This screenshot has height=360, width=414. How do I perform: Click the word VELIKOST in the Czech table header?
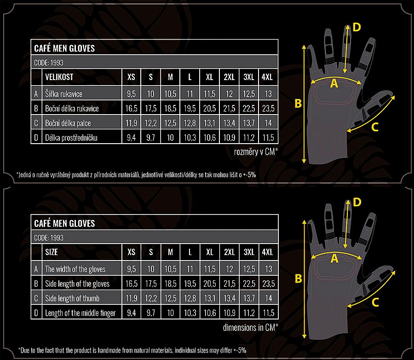tap(59, 77)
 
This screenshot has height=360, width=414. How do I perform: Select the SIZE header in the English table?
tap(52, 252)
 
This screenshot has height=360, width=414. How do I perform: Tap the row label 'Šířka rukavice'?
tap(63, 94)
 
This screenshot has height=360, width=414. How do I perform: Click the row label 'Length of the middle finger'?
tap(80, 313)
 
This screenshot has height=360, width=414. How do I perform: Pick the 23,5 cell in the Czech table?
tap(268, 108)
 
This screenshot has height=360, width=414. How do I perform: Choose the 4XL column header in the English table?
tap(267, 252)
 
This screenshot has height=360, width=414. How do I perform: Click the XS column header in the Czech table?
tap(131, 77)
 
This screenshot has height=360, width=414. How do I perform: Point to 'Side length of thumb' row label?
tap(72, 298)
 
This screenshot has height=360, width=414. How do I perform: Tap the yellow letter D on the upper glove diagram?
tap(356, 27)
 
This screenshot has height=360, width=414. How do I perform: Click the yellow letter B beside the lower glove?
tap(299, 279)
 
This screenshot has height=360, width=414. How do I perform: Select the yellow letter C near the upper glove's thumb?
tap(375, 127)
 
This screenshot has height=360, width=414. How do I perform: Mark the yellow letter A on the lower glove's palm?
tap(334, 259)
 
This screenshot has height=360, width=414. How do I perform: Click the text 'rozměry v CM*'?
tap(256, 152)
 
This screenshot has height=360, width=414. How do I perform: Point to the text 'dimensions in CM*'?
tap(251, 327)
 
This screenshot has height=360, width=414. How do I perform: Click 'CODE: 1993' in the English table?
tap(49, 238)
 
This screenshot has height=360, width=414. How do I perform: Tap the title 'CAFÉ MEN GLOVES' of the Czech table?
tap(64, 48)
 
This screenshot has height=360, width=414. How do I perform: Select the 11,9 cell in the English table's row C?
tap(132, 298)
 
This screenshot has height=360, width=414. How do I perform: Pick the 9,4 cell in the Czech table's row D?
tap(131, 138)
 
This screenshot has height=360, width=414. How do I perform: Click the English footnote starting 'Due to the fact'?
tap(132, 350)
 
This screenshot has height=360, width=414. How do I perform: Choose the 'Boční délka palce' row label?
tap(68, 123)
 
